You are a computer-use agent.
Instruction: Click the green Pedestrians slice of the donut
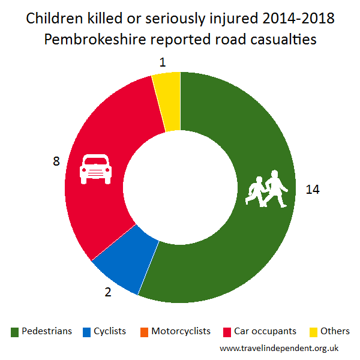coord(240,252)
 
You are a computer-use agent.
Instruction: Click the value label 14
coord(312,190)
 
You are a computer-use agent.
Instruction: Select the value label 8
coord(56,162)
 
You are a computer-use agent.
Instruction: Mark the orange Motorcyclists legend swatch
coord(144,332)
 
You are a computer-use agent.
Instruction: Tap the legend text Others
coord(335,331)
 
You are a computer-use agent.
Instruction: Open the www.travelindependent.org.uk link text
coord(280,347)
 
